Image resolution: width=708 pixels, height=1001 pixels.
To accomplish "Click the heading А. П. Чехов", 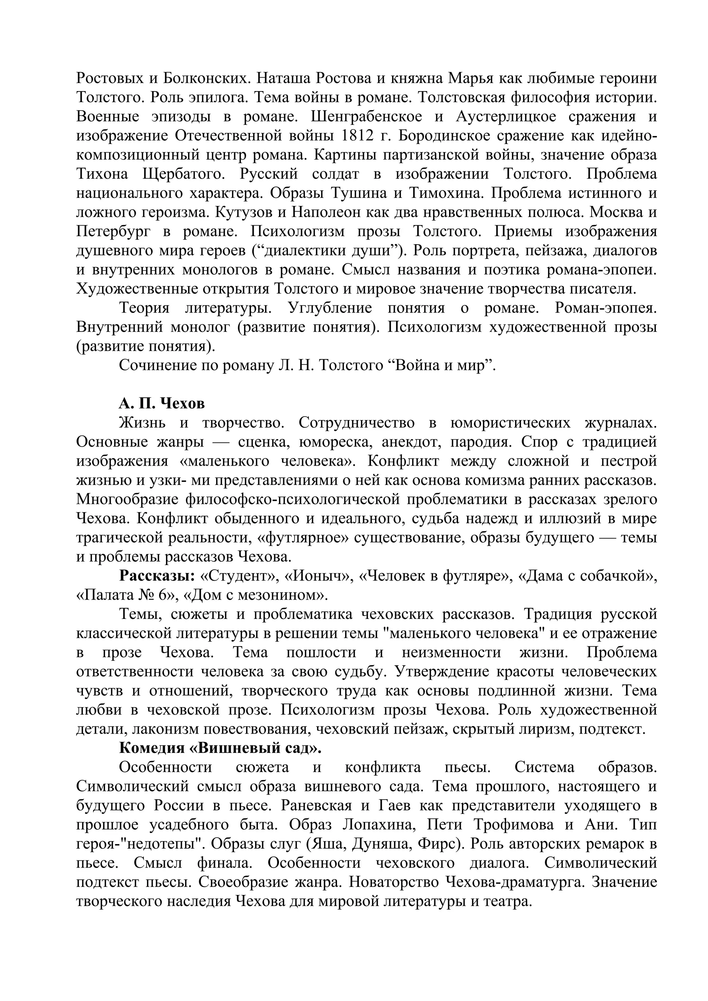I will point(161,404).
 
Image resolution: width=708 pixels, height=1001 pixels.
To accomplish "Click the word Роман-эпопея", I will point(605,308).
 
